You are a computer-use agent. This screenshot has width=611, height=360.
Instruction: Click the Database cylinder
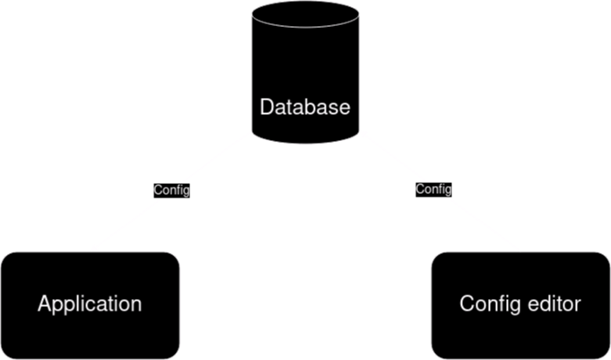305,72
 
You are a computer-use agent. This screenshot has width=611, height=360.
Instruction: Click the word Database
305,108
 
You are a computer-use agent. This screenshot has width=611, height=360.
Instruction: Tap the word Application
90,303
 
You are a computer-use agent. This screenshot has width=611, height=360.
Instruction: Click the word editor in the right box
555,303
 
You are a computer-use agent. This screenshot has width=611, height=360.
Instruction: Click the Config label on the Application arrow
171,190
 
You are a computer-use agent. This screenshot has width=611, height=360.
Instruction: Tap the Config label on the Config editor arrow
434,189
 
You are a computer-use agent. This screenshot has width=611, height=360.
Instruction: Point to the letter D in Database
266,108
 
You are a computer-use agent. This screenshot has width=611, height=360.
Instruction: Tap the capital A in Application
44,303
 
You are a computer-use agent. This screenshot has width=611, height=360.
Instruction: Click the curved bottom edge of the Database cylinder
305,141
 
